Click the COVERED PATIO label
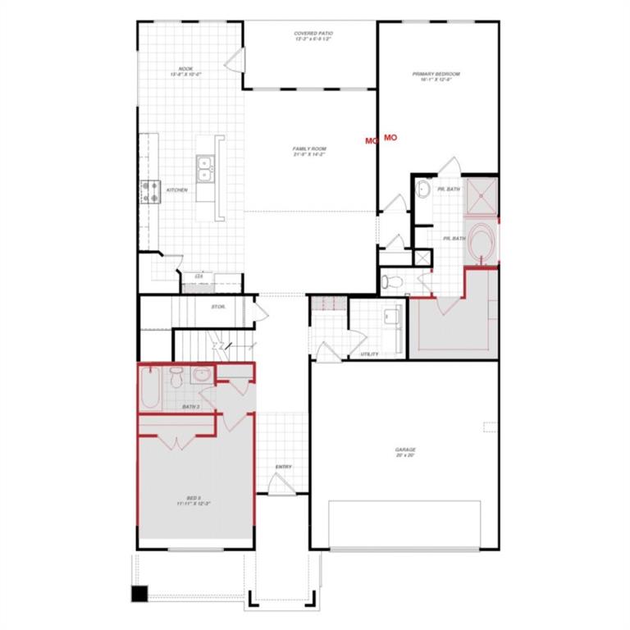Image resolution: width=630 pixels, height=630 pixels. (x=313, y=37)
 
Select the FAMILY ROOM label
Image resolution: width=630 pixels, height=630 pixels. (x=309, y=152)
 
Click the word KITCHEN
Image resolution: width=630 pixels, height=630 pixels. (x=177, y=190)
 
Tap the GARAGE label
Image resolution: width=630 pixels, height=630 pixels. (x=404, y=452)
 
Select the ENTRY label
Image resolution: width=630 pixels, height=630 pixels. (x=283, y=468)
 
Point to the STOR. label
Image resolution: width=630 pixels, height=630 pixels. (x=218, y=307)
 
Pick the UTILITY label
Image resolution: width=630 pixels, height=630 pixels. (x=369, y=354)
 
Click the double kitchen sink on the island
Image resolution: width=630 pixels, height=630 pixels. (x=205, y=170)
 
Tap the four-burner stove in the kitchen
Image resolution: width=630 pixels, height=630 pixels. (x=150, y=192)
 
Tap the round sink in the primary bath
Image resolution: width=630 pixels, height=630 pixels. (x=423, y=189)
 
